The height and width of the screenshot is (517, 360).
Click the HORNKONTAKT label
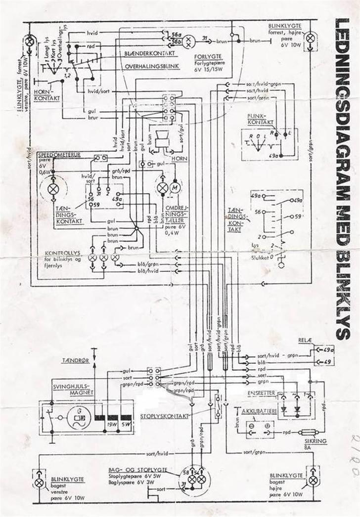click(47, 95)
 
